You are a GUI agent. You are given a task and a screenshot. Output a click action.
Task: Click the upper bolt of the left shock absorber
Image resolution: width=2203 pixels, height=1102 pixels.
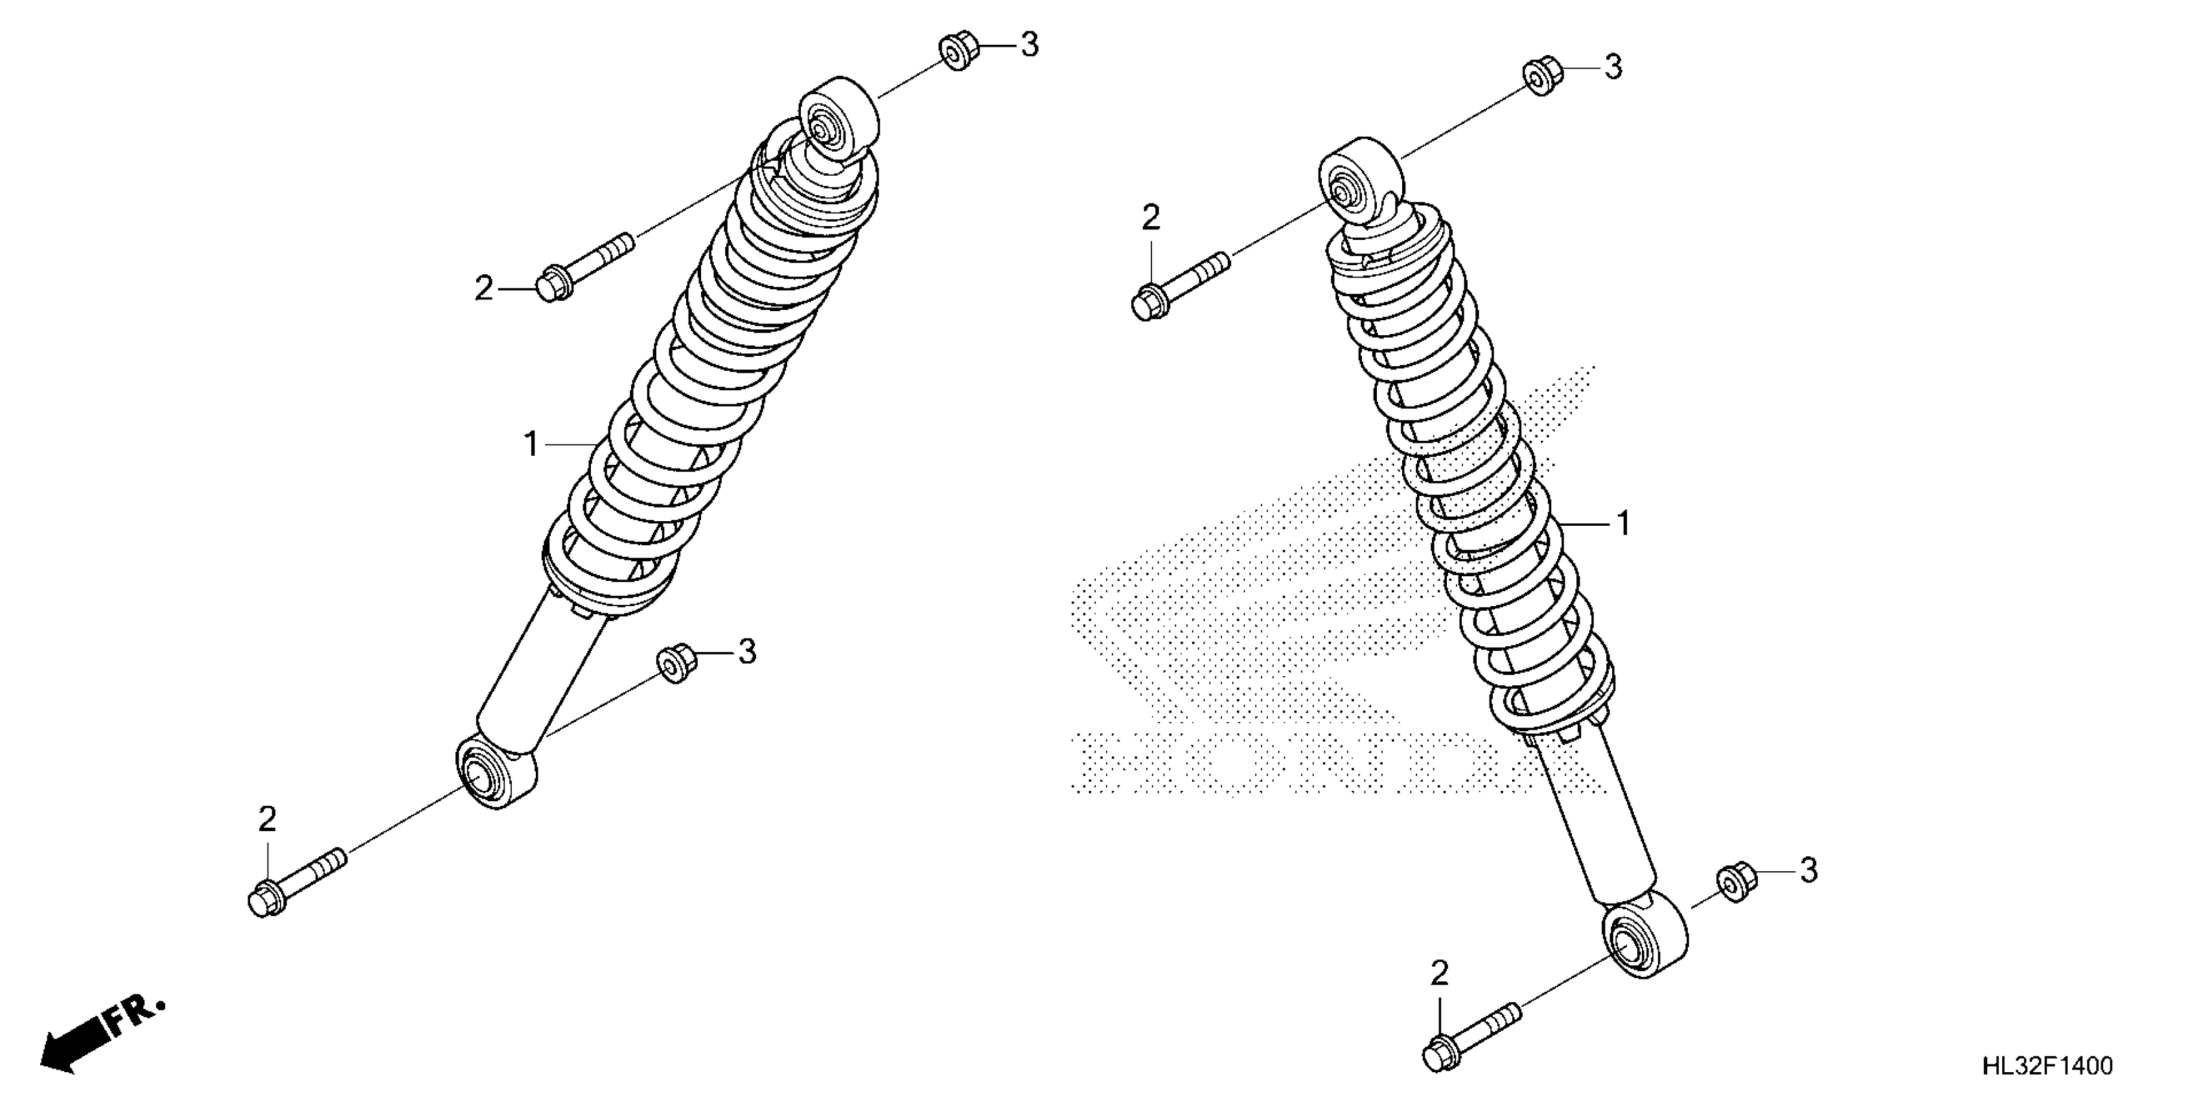[585, 266]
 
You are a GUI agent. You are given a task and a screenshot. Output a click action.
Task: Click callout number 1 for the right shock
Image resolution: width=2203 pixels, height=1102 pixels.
[1622, 522]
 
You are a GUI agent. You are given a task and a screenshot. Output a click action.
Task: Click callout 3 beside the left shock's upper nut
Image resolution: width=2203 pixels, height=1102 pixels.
[1030, 45]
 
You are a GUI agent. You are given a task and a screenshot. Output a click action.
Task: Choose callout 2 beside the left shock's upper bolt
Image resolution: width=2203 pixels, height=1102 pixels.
[484, 289]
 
